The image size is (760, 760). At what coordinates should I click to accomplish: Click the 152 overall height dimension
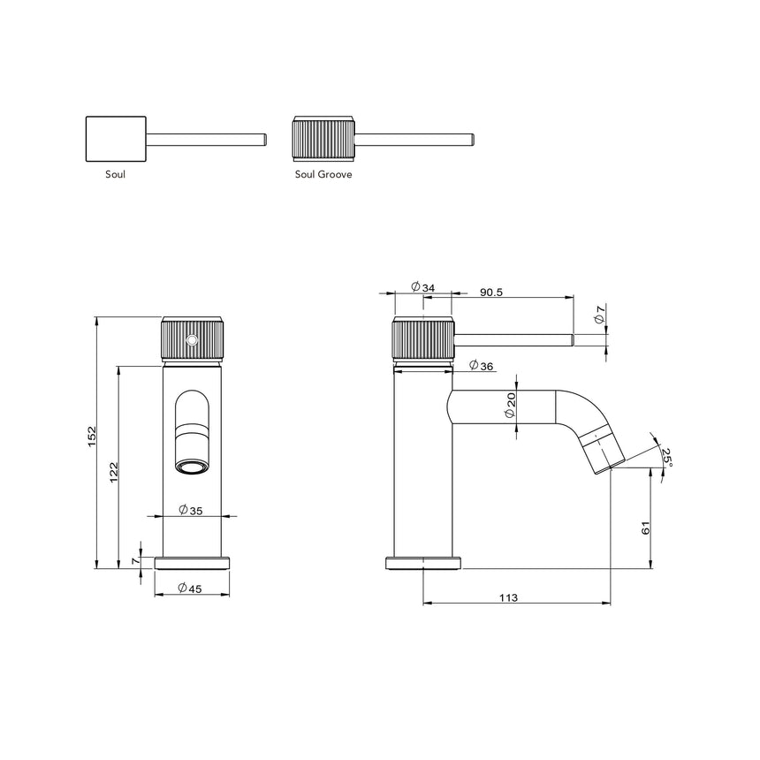(92, 438)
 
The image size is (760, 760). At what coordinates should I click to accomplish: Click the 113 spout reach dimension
(508, 598)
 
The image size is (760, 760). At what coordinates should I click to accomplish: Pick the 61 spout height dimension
(646, 528)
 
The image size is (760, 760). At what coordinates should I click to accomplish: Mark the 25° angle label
(667, 457)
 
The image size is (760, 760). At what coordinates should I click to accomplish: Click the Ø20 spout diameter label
(512, 407)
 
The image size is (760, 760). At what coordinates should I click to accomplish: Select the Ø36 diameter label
(481, 365)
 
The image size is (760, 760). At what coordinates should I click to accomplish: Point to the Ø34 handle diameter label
(422, 288)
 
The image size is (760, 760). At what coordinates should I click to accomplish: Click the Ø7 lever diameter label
(599, 313)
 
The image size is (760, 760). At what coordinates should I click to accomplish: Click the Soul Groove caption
(323, 175)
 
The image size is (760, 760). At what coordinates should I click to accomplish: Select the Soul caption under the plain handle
(115, 175)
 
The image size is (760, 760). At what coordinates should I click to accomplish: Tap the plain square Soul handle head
(116, 139)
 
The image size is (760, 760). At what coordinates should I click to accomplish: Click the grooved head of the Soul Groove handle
(323, 139)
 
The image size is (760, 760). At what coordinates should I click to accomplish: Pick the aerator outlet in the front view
(193, 465)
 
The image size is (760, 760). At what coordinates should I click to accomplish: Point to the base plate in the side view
(423, 563)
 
